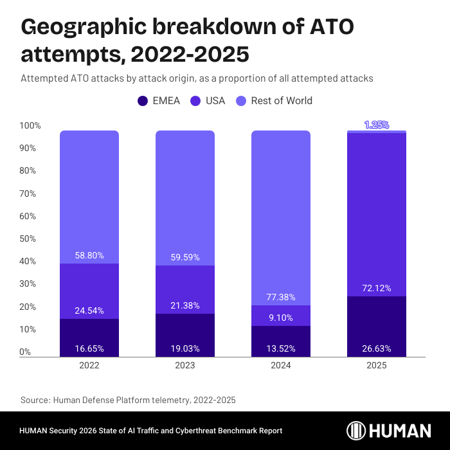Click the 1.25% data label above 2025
[377, 125]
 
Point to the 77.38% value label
[281, 297]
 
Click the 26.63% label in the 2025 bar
[377, 349]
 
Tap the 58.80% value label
[89, 255]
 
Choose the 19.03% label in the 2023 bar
[185, 349]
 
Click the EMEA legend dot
[143, 101]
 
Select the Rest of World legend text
[282, 101]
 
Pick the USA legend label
[215, 101]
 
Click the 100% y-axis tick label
[30, 126]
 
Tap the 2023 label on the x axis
[185, 365]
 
